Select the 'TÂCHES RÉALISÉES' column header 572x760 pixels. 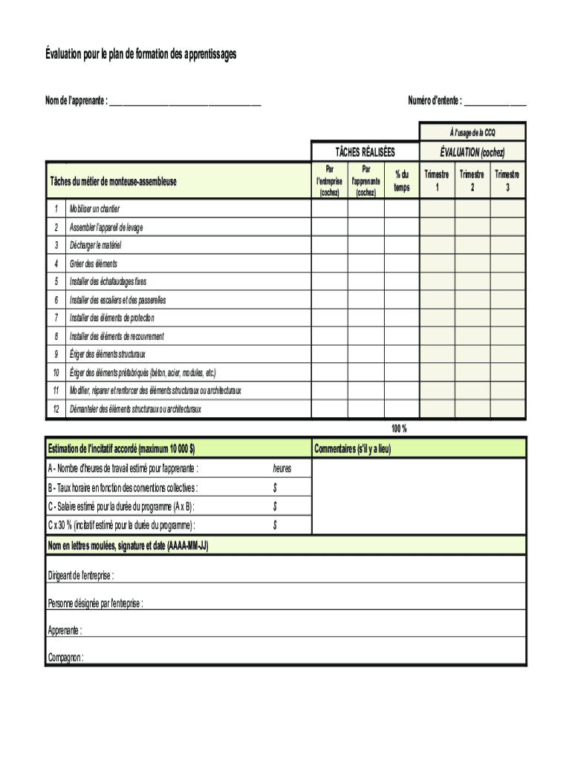[x=365, y=153]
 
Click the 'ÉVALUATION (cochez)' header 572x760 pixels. [x=472, y=153]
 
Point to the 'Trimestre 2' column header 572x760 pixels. [x=472, y=180]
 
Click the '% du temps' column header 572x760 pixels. [x=402, y=181]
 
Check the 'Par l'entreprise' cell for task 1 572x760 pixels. [x=328, y=209]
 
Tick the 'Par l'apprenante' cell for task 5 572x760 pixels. [x=365, y=282]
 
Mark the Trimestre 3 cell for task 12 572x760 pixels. [x=507, y=409]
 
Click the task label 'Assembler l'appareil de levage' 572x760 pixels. [x=106, y=228]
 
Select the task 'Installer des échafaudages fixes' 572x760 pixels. [x=108, y=282]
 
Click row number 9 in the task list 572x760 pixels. [x=56, y=355]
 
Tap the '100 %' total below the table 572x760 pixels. [x=399, y=429]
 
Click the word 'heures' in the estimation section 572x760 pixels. [x=282, y=468]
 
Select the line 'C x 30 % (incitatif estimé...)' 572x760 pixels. [x=122, y=525]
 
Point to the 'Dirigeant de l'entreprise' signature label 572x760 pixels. [x=81, y=577]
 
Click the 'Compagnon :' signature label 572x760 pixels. [x=66, y=658]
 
